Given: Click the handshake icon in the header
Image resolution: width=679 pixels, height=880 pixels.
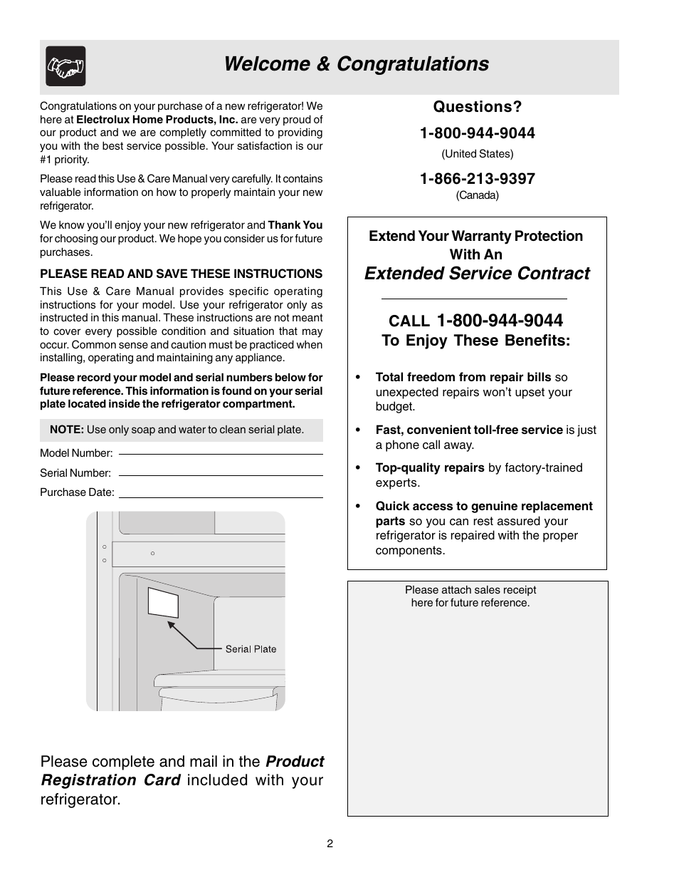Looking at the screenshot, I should (x=65, y=66).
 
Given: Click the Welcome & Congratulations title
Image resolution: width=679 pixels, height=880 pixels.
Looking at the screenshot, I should (x=356, y=64).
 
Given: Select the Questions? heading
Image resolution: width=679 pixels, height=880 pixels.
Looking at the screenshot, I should (x=477, y=107).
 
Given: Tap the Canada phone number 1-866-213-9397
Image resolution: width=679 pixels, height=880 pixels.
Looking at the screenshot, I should (x=477, y=179).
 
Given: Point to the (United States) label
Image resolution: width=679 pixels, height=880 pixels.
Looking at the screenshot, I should (x=477, y=154).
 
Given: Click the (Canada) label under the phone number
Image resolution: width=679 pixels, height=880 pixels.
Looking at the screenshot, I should (x=477, y=195).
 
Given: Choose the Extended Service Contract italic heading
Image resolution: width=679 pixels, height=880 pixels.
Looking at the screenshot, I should (x=477, y=274).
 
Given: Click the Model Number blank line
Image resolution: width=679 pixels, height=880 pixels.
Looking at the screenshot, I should (x=221, y=453).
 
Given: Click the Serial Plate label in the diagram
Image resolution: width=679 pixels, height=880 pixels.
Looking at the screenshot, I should (x=251, y=649).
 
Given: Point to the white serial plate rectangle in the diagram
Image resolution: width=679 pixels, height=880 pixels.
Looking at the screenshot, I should (x=163, y=602).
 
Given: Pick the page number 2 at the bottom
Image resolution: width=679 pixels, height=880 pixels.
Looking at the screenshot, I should (x=330, y=844).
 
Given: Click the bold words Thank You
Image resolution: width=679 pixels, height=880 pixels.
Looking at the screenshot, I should (x=295, y=225).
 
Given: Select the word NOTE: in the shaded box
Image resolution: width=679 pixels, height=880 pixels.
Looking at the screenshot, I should (x=67, y=430).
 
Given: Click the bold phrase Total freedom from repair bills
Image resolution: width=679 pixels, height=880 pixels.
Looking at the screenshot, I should (x=463, y=378).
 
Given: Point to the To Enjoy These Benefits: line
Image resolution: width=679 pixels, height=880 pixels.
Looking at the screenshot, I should (x=475, y=341).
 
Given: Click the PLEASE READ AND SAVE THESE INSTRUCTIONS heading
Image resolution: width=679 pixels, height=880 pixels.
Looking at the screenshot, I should (x=181, y=274).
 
